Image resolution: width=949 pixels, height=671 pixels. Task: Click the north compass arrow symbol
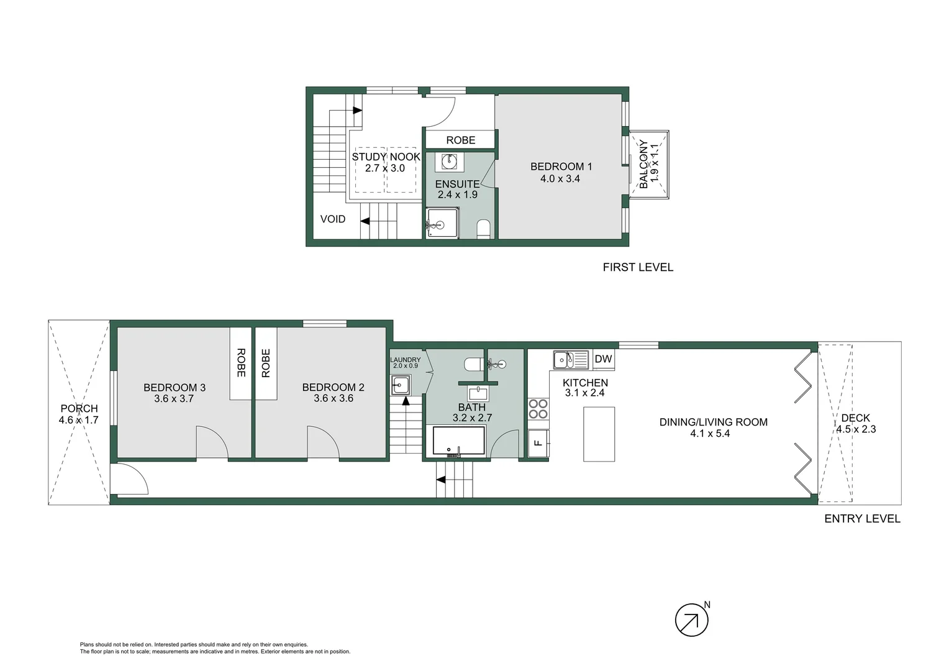691,619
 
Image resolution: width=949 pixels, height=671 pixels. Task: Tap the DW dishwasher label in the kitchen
603,359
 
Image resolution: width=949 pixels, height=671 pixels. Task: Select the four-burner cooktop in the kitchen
538,409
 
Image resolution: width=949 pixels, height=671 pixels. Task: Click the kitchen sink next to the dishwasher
571,360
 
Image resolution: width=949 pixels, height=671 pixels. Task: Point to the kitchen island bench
599,434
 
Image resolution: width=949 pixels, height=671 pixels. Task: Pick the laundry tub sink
401,385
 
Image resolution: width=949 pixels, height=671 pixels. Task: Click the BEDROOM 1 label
561,167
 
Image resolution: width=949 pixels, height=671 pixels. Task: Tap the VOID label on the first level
333,219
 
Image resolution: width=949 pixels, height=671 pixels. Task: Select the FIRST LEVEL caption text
638,267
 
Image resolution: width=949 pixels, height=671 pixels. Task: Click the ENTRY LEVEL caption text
861,519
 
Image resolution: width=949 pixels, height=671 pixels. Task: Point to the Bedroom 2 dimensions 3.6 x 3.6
334,399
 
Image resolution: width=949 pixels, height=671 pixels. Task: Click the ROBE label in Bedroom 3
241,363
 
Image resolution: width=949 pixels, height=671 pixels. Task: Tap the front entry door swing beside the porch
130,480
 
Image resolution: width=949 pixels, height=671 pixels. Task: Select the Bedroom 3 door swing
211,444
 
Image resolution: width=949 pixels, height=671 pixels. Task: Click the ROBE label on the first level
461,140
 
